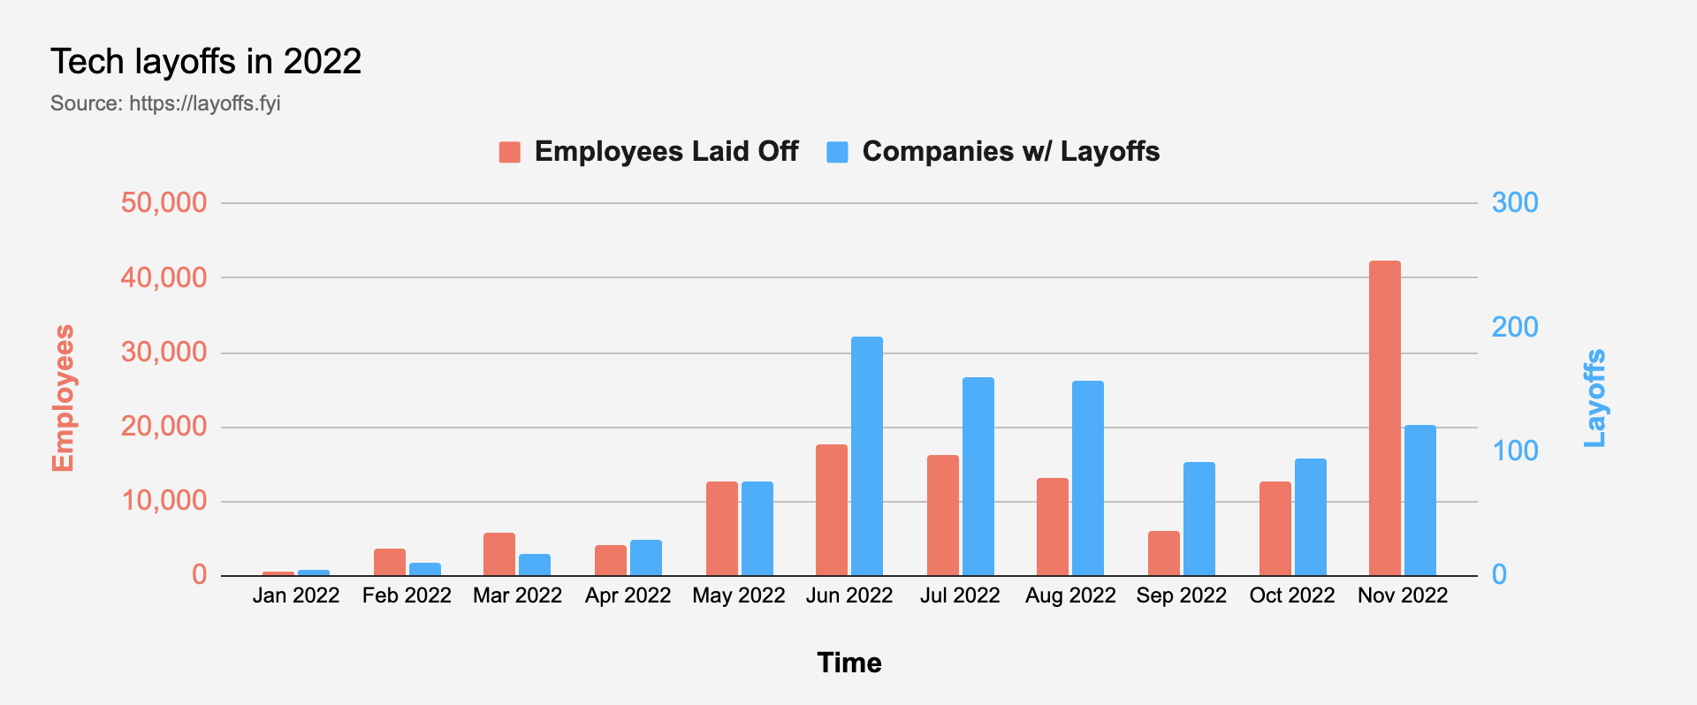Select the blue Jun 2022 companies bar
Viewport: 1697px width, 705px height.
coord(866,456)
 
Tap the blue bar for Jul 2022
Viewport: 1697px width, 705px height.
coord(978,476)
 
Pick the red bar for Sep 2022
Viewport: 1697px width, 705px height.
coord(1163,553)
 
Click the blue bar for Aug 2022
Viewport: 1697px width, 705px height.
coord(1087,478)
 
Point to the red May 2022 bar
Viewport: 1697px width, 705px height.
coord(721,528)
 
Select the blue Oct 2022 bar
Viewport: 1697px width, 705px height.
coord(1310,517)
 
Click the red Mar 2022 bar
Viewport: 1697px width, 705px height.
coord(498,554)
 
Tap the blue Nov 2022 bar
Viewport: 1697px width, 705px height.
coord(1419,500)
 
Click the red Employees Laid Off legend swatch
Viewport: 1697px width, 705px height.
coord(509,152)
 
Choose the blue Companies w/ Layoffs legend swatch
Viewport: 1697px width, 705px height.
coord(837,152)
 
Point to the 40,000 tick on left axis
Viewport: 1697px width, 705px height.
coord(164,277)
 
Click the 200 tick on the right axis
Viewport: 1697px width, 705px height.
coord(1514,327)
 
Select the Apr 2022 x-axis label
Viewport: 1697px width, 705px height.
coord(628,595)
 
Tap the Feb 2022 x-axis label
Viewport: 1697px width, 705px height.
coord(407,595)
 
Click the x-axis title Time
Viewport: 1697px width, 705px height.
coord(848,663)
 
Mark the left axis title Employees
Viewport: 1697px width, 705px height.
coord(63,398)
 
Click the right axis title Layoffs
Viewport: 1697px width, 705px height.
coord(1594,398)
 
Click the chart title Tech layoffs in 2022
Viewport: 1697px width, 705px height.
coord(206,62)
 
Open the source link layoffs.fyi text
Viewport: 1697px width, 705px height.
coord(204,103)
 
